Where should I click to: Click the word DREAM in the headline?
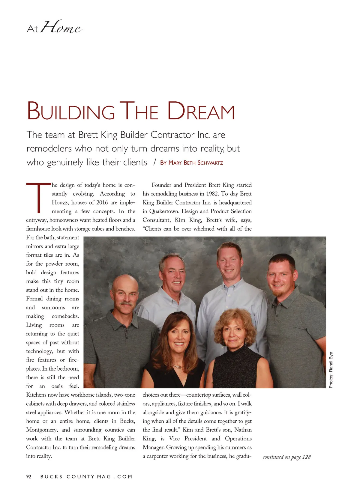click(200, 111)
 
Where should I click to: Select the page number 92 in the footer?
click(29, 476)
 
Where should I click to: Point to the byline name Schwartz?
click(210, 163)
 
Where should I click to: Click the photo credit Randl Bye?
click(331, 370)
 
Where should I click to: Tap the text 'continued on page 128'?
click(286, 457)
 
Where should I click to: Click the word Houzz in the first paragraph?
click(60, 202)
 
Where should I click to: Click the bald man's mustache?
click(126, 303)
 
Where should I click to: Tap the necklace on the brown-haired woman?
click(178, 366)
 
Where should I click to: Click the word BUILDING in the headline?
click(71, 111)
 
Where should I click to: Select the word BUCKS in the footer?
click(51, 476)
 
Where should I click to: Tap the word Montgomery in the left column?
click(42, 430)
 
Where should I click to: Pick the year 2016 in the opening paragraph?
click(102, 202)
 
